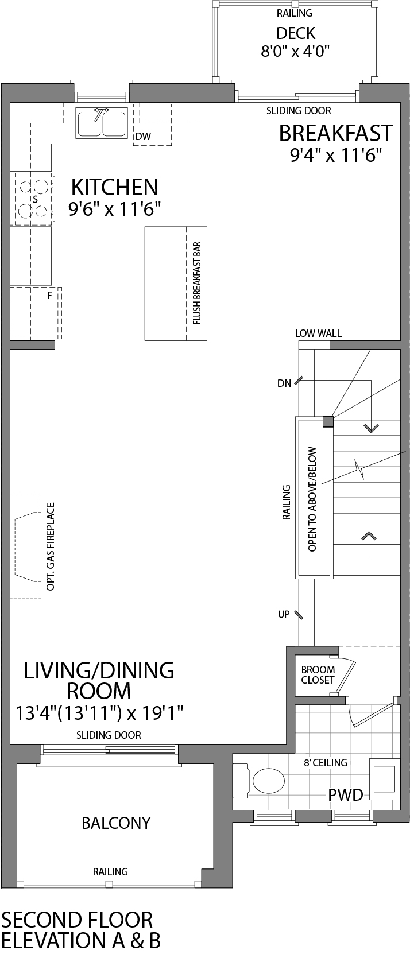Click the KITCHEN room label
click(114, 187)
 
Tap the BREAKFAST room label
click(335, 133)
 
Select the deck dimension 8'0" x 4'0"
click(295, 51)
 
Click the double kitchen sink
click(102, 123)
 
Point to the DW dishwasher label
click(143, 137)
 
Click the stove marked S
click(32, 199)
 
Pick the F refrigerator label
click(49, 296)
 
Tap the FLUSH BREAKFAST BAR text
click(196, 284)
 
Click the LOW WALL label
click(318, 333)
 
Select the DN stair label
click(284, 383)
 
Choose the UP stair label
click(284, 614)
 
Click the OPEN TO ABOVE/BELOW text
click(313, 499)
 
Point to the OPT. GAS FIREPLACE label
click(51, 546)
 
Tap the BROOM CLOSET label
click(318, 675)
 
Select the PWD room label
click(346, 795)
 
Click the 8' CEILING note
click(326, 763)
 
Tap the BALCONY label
click(116, 823)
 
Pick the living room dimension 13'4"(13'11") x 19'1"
click(99, 713)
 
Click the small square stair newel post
click(327, 422)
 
